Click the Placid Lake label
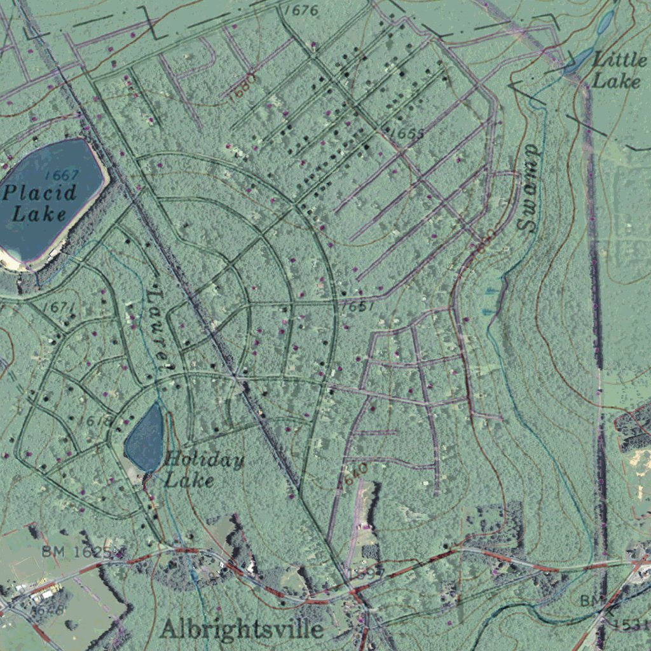point(39,202)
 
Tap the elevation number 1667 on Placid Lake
point(62,175)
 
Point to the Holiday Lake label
point(203,469)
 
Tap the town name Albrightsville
point(242,629)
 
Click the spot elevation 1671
point(59,308)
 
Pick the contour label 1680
point(242,82)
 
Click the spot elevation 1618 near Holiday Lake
point(95,420)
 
